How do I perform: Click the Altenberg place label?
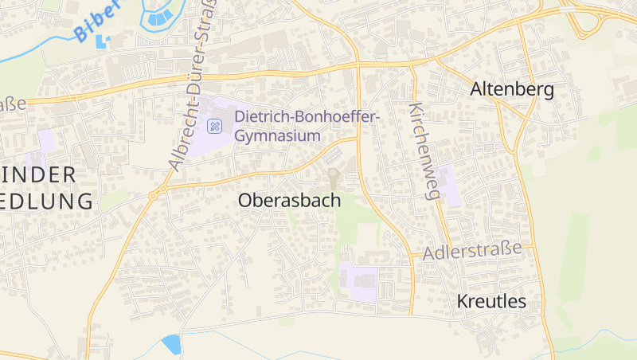click(512, 89)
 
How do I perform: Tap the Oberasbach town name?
click(289, 202)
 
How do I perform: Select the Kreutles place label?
click(492, 301)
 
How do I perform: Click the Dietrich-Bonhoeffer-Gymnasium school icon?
click(214, 126)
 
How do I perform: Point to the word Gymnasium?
click(277, 135)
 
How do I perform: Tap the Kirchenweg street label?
click(424, 150)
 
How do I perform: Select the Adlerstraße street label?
click(472, 252)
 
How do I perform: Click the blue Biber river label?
click(96, 20)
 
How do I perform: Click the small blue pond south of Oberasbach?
click(171, 344)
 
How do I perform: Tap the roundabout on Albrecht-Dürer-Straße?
click(162, 190)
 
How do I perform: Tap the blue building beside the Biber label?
click(102, 40)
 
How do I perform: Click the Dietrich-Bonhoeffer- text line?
click(308, 118)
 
